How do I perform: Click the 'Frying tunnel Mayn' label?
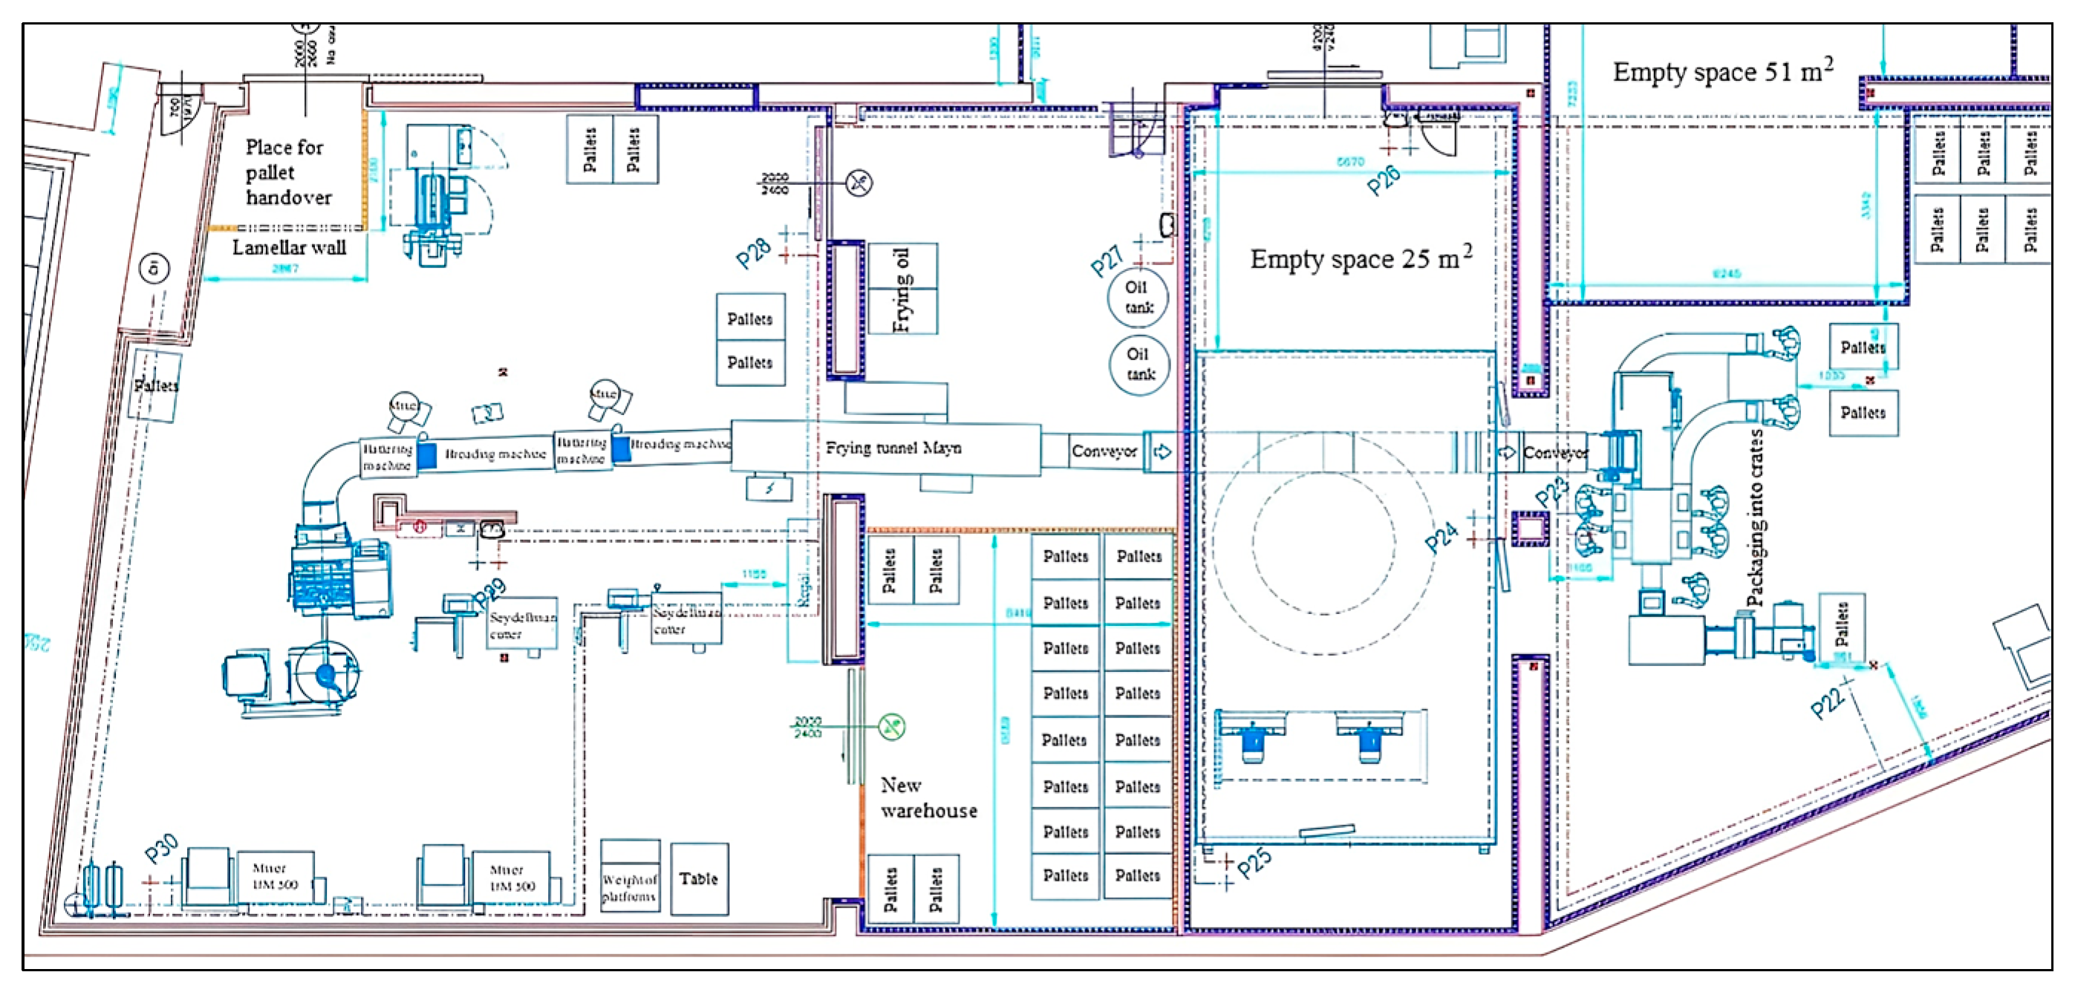893,448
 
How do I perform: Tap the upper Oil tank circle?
1138,298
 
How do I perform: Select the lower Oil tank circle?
1140,365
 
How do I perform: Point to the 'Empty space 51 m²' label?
1722,72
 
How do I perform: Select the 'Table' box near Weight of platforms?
699,878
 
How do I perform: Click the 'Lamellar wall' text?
289,248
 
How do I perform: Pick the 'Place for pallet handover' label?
287,172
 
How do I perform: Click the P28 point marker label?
753,254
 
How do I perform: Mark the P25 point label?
1254,862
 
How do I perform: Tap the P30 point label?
160,849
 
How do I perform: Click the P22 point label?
1827,702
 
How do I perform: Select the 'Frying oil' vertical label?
901,290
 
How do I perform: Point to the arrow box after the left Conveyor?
1162,451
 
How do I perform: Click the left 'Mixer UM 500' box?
273,877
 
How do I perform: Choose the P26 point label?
1383,180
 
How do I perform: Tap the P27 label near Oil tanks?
1106,261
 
